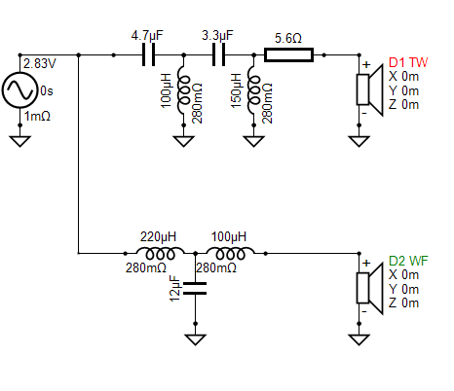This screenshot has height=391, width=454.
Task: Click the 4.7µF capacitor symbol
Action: click(148, 55)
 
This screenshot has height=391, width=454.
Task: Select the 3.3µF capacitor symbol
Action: click(218, 55)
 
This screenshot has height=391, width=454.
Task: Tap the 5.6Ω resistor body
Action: click(288, 55)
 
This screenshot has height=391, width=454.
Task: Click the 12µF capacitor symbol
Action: click(195, 288)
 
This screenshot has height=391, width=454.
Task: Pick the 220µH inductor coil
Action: click(160, 253)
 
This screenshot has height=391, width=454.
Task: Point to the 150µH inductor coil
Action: click(253, 90)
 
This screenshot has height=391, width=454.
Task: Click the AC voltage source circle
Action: click(19, 90)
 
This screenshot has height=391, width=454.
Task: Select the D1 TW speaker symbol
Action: click(370, 89)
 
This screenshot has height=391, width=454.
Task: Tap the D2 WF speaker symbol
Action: click(370, 288)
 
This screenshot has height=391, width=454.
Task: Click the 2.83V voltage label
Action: click(40, 63)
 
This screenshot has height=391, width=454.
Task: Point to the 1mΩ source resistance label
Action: click(37, 116)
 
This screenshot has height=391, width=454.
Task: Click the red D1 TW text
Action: click(408, 62)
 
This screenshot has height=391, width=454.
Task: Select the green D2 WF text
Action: click(408, 261)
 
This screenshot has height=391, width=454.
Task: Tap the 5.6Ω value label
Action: click(288, 38)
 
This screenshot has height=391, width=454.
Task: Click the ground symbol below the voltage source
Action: click(19, 141)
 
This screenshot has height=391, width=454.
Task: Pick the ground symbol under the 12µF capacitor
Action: click(195, 339)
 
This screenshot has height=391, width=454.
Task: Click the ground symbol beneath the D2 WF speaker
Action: click(359, 339)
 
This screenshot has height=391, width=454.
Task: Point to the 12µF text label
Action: click(174, 289)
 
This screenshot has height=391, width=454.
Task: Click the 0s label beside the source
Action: click(47, 91)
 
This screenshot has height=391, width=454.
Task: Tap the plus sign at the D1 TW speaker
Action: click(366, 65)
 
